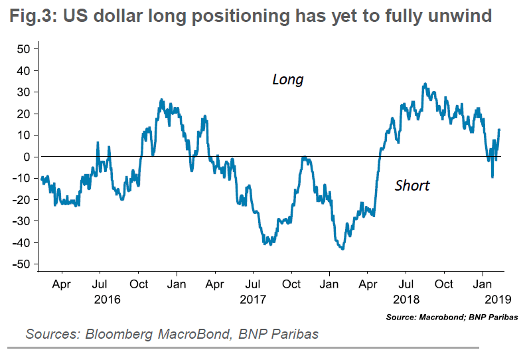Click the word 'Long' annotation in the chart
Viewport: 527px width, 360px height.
tap(287, 80)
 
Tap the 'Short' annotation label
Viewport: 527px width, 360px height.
tap(412, 185)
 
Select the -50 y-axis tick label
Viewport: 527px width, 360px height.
tap(23, 264)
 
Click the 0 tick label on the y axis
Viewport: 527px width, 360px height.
tap(29, 157)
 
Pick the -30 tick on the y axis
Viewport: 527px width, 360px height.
tap(23, 221)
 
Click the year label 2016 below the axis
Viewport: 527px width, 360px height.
tap(108, 299)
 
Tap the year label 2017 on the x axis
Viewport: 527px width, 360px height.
tap(252, 299)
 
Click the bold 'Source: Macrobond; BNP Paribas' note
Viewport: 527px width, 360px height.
tap(453, 317)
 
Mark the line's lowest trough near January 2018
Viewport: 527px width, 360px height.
tap(342, 249)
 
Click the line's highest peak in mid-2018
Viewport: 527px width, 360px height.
tap(425, 84)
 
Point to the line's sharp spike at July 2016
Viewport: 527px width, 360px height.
tap(98, 143)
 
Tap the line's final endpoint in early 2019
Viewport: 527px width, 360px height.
tap(499, 130)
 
